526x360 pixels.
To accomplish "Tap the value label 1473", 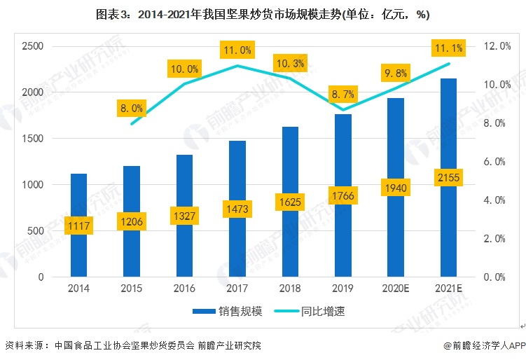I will click(x=238, y=209).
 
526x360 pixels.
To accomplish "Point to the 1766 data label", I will click(x=342, y=195).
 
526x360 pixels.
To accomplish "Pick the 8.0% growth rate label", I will click(x=131, y=109).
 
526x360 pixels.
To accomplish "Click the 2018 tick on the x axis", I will click(x=290, y=288).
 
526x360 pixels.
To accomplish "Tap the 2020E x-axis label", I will click(x=396, y=288).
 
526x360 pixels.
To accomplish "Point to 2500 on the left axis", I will click(x=32, y=47).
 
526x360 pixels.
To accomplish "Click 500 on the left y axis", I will click(x=36, y=231).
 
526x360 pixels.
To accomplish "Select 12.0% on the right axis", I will click(x=497, y=46).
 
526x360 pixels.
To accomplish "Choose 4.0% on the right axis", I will click(x=496, y=200).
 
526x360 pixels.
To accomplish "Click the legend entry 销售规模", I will click(x=231, y=310).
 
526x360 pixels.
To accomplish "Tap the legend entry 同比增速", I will click(x=322, y=310).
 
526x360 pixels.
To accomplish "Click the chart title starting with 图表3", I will click(x=263, y=14).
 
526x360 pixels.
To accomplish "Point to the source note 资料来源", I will click(x=133, y=345).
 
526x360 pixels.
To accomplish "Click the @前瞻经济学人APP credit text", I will click(x=483, y=345).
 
